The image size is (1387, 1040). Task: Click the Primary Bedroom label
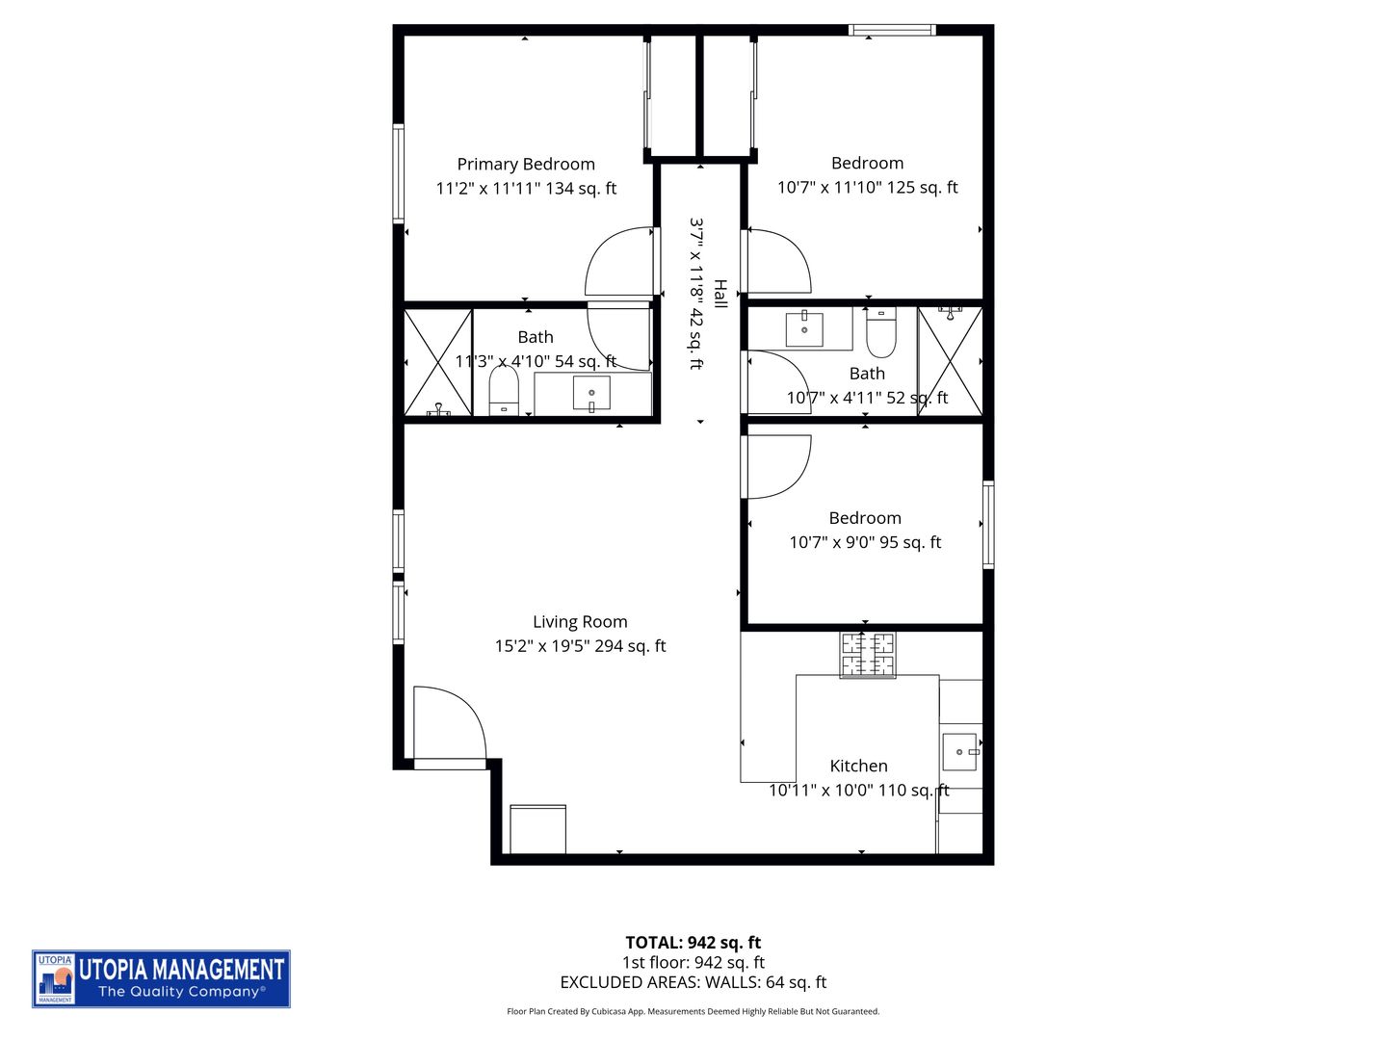526,165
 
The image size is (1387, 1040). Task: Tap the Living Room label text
580,622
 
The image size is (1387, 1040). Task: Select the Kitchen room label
858,767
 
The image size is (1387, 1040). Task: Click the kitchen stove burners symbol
867,655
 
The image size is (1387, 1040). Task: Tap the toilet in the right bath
881,331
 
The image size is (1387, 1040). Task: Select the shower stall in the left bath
438,362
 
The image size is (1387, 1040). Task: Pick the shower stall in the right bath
950,361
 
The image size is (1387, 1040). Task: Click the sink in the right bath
804,329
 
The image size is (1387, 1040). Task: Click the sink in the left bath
591,394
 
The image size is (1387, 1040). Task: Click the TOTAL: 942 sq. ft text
693,943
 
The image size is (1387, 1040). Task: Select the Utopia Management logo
161,979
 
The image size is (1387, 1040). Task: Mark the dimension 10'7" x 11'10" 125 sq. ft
867,188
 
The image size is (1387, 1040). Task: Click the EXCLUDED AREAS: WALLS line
693,983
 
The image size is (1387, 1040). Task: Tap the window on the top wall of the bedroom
892,30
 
